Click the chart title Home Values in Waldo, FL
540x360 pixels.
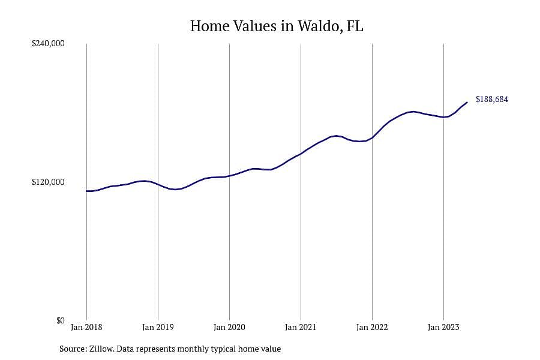(277, 26)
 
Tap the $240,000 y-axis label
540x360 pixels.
(48, 43)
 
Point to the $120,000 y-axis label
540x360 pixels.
(48, 182)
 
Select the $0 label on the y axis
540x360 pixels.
(61, 320)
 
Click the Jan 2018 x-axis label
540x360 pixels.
(86, 327)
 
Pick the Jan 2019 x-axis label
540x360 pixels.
(158, 327)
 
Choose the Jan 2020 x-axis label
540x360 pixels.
(229, 327)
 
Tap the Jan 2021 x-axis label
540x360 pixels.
(301, 327)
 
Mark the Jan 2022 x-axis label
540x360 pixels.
(372, 327)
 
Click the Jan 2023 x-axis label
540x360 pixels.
(443, 327)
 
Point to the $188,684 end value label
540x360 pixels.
(492, 99)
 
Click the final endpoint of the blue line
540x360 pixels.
(467, 103)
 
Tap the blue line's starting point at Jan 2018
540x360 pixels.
(87, 191)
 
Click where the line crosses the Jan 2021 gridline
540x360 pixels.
(301, 154)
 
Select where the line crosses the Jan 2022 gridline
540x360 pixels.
(372, 138)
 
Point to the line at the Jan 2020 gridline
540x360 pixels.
(229, 176)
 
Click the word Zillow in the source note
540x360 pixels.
(101, 349)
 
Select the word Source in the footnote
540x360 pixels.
(73, 349)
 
